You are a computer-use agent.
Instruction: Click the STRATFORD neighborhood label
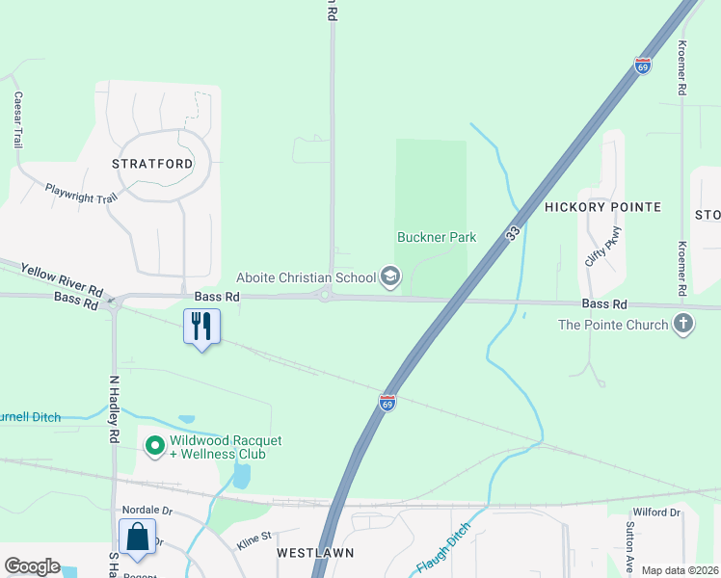click(152, 164)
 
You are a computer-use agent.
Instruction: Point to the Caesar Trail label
click(17, 119)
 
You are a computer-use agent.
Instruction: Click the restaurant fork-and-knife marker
click(201, 327)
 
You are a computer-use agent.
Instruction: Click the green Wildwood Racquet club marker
click(153, 445)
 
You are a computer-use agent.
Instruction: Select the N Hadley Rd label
click(113, 410)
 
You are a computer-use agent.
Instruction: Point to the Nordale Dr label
click(146, 511)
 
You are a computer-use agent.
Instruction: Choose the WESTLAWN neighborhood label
click(315, 553)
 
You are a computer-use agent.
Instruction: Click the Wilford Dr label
click(656, 512)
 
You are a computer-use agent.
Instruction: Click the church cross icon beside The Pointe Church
click(683, 324)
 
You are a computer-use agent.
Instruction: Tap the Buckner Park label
click(437, 237)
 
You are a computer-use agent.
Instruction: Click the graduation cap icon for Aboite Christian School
click(390, 277)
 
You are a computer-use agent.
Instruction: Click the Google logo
click(32, 566)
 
